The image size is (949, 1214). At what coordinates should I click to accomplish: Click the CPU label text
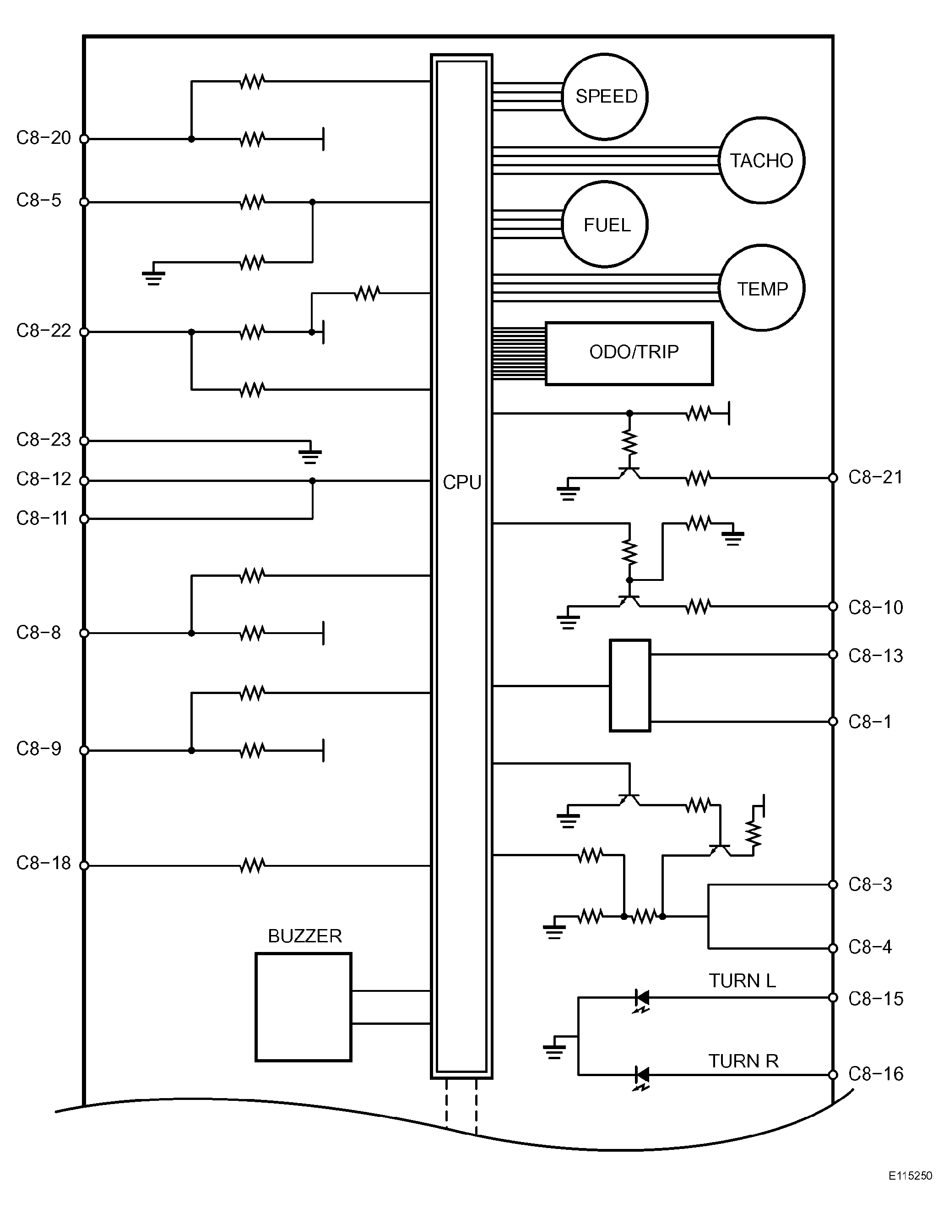(462, 482)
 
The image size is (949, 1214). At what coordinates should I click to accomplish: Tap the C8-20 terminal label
(43, 138)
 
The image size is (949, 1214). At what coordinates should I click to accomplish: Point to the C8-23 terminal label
(43, 440)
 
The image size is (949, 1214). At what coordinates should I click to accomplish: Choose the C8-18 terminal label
(43, 863)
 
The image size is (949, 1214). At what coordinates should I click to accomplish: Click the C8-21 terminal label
(876, 477)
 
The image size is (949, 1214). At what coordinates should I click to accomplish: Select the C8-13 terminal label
(876, 656)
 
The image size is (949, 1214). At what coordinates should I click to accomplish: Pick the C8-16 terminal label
(876, 1073)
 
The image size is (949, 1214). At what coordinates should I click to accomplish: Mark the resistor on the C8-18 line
(252, 865)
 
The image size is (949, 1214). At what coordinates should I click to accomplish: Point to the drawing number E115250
(910, 1191)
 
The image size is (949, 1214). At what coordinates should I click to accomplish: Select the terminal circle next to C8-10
(833, 607)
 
